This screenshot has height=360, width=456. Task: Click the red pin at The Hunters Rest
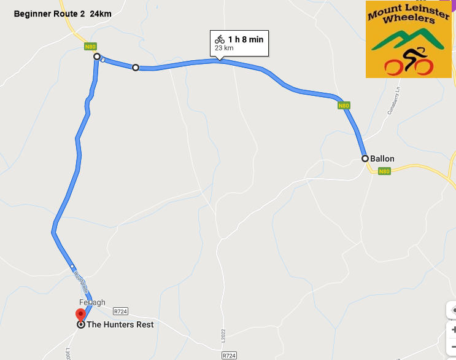click(x=80, y=315)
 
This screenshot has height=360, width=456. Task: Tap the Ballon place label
click(x=382, y=158)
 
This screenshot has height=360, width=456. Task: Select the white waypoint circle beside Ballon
click(x=365, y=158)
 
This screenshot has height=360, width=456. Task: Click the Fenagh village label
click(x=92, y=302)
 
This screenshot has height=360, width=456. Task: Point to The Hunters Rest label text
click(x=120, y=324)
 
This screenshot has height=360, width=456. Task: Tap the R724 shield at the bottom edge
click(x=229, y=355)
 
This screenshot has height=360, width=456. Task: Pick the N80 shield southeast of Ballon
click(x=384, y=171)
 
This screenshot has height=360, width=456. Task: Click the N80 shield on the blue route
click(x=344, y=106)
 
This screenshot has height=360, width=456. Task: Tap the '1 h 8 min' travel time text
click(x=245, y=39)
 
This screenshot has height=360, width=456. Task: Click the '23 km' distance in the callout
click(x=224, y=48)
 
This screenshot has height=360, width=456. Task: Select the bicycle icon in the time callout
click(x=220, y=39)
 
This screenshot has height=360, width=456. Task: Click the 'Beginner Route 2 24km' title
click(x=63, y=14)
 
